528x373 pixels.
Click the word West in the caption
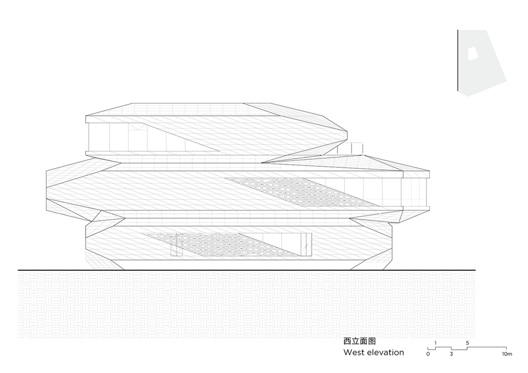[355, 352]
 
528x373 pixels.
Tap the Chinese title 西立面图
[359, 341]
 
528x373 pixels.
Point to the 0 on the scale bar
[428, 354]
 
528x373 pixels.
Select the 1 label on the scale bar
[435, 342]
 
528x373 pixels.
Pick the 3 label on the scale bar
[451, 354]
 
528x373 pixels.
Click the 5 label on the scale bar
[467, 342]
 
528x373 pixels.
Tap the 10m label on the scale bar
[507, 354]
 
